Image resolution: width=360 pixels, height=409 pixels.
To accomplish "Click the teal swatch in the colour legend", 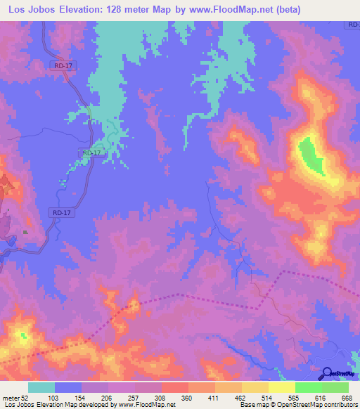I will coord(41,387).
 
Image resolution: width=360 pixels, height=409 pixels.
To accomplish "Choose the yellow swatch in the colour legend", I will coord(281,387).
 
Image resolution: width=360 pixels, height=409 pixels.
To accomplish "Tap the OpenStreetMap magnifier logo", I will coord(327,373).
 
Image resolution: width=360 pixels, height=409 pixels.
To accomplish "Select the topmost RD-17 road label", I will coord(63,66).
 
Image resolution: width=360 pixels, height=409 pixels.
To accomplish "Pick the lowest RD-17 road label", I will coord(62,212).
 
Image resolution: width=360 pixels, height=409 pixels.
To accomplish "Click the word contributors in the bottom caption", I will coord(338,405).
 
